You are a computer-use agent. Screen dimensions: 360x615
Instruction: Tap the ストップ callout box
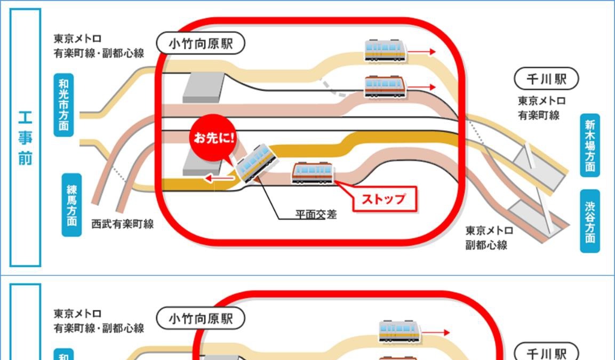click(x=384, y=199)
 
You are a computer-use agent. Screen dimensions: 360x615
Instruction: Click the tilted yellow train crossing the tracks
click(x=257, y=162)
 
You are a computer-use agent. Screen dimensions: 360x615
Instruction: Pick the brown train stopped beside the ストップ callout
click(x=313, y=172)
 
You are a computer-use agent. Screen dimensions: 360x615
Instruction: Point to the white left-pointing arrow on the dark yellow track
click(x=218, y=178)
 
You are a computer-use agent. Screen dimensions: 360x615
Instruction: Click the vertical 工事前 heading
click(x=25, y=138)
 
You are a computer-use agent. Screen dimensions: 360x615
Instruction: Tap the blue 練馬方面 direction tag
click(x=71, y=205)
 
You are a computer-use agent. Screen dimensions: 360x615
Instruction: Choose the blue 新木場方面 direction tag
click(x=590, y=145)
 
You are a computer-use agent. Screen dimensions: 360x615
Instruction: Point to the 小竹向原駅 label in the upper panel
click(x=201, y=44)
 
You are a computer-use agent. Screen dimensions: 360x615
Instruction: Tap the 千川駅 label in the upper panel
click(x=546, y=79)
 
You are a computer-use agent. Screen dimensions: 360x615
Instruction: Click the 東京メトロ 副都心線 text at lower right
click(x=489, y=238)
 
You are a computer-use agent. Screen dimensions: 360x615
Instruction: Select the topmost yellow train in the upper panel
click(x=385, y=51)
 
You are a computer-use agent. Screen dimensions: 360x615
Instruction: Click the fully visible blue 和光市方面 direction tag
click(x=64, y=105)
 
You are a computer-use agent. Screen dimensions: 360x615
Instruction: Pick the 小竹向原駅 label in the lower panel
click(x=201, y=319)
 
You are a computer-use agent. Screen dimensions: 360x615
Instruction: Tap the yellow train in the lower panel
click(x=400, y=331)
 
